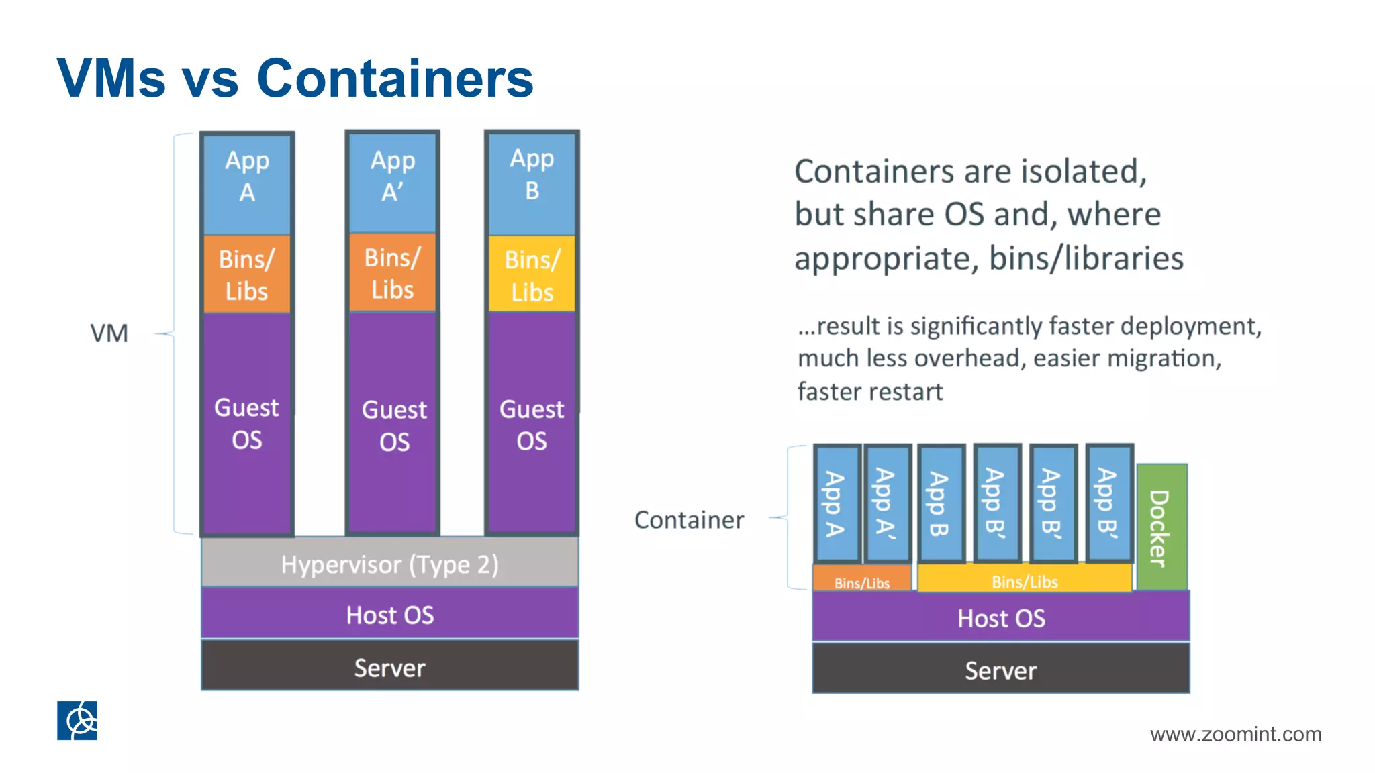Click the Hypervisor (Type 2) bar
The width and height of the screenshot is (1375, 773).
[389, 564]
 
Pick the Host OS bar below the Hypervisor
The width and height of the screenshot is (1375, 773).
[389, 614]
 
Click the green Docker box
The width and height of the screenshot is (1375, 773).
[1161, 527]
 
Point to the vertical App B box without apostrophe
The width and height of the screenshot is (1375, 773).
[941, 503]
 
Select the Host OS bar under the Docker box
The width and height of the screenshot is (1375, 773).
[1000, 617]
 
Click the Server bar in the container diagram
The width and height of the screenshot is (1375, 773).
[1000, 670]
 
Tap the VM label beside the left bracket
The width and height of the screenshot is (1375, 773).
[109, 333]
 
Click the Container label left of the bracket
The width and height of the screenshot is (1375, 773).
[689, 520]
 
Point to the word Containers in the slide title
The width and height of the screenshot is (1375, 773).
[395, 79]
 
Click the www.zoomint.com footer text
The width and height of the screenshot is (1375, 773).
[1235, 734]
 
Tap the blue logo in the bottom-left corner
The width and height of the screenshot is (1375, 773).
[77, 721]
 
